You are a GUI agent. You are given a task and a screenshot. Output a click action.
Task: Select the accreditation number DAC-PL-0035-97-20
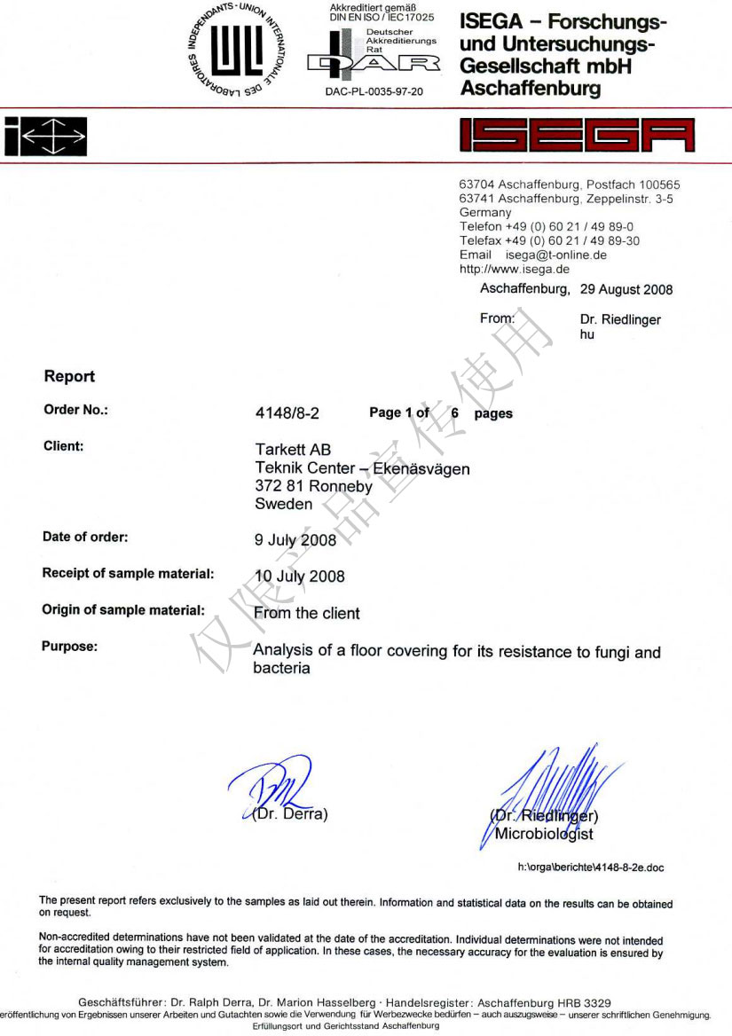point(374,91)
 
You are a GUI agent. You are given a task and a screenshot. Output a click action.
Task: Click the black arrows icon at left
point(45,136)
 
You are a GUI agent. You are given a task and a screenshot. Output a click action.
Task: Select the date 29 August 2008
point(626,289)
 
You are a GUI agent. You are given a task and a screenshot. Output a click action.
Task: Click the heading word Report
point(69,376)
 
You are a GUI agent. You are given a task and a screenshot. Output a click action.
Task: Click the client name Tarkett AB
point(293,451)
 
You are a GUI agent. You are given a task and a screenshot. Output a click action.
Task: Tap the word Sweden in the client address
point(284,504)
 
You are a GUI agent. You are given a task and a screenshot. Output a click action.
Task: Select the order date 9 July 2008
point(295,540)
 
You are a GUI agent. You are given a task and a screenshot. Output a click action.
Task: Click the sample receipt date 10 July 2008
point(300,577)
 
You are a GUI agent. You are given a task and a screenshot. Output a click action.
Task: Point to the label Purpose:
point(69,647)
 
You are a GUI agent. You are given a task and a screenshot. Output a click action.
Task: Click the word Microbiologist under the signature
point(544,834)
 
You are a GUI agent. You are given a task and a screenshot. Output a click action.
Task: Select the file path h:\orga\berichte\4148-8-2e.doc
point(590,867)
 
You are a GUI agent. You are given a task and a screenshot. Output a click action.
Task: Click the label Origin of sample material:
point(123,610)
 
